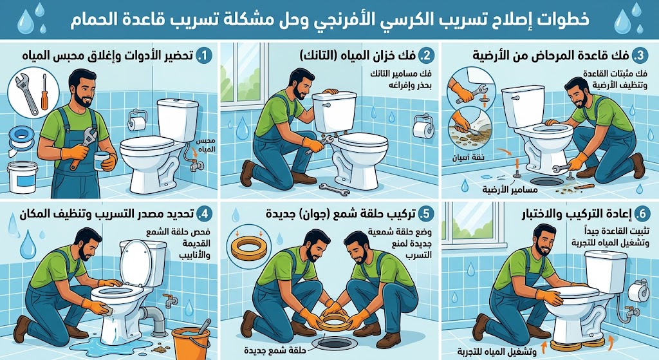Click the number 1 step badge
(204, 57)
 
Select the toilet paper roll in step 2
(422, 127)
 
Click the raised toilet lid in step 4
(135, 258)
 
